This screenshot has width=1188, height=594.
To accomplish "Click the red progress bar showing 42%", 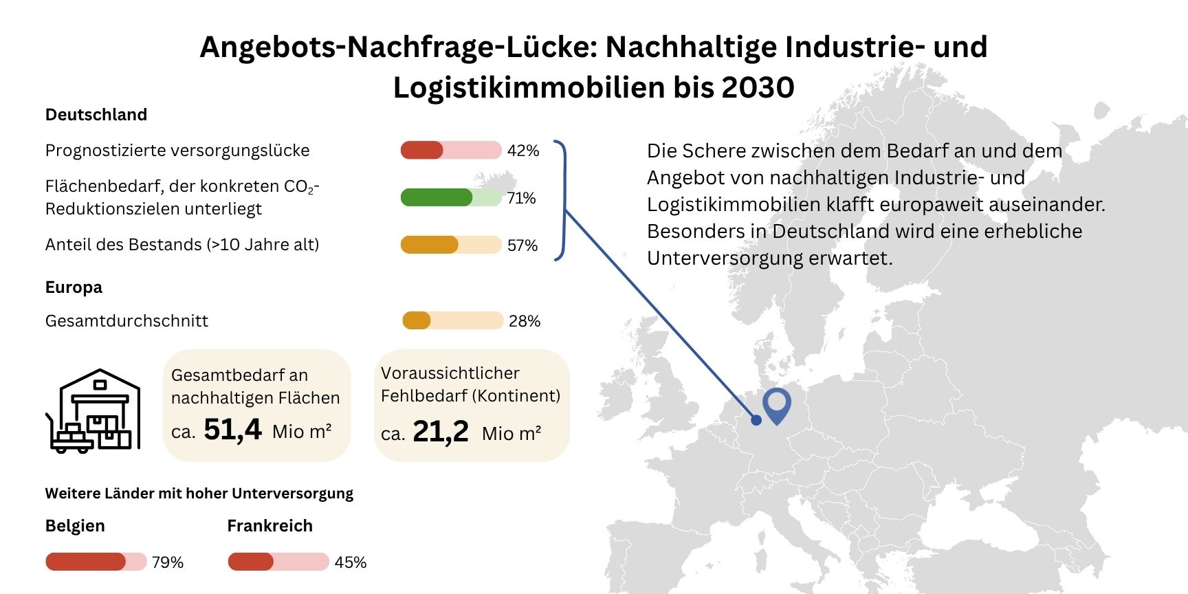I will coord(451,150).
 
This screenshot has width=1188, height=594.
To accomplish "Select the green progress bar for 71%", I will coord(451,197).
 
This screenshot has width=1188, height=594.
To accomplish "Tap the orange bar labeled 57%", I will coord(451,245).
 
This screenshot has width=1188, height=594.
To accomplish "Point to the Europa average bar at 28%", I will coord(452,320).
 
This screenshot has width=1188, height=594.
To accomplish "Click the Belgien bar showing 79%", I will coord(96,562).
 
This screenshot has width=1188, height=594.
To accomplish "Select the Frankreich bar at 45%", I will coord(278,562).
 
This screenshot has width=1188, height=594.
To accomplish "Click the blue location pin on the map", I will coord(777,404).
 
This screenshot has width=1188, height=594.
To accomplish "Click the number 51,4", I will coord(232,430).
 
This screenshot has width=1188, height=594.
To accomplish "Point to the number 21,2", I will coord(441,432).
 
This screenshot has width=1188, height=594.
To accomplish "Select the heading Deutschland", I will coord(96,115).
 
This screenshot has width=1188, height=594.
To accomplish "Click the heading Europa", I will coord(74,287).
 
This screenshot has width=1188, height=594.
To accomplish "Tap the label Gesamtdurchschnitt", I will coord(126,321).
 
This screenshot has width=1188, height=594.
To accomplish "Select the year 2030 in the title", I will coord(758,87).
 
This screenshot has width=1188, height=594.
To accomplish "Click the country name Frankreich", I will coord(269,526).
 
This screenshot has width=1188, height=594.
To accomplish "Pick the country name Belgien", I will coord(75,526).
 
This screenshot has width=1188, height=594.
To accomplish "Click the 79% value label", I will coord(168,562).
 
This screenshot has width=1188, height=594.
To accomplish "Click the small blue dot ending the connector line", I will coord(756,420).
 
